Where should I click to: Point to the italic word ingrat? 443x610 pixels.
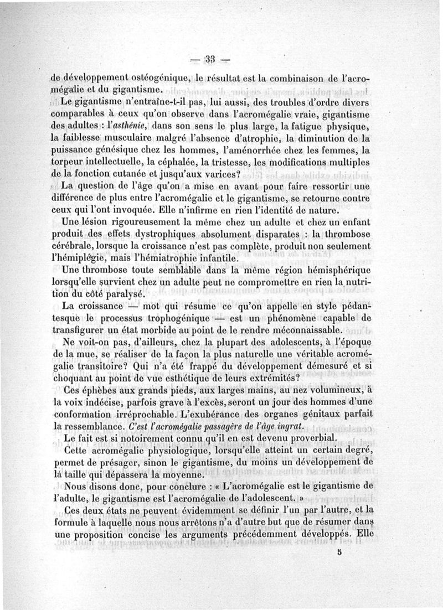(x=286, y=427)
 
